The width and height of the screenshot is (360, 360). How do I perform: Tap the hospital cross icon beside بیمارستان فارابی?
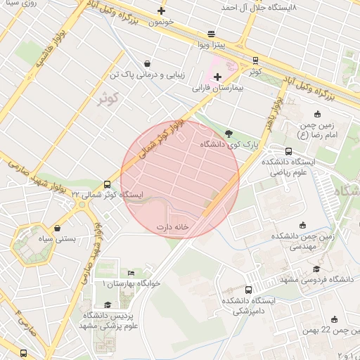pyautogui.click(x=217, y=77)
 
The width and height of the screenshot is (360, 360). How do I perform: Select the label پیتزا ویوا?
pyautogui.click(x=210, y=45)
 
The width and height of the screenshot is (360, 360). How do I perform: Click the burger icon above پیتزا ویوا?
pyautogui.click(x=212, y=34)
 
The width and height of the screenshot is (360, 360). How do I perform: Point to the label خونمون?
pyautogui.click(x=162, y=22)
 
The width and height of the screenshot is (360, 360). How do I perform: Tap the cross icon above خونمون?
pyautogui.click(x=162, y=11)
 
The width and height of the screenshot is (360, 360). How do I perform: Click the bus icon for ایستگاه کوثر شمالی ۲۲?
pyautogui.click(x=107, y=185)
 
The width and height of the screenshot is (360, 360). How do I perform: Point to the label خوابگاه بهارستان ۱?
pyautogui.click(x=132, y=283)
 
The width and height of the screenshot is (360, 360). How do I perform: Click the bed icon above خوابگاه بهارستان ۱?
pyautogui.click(x=131, y=273)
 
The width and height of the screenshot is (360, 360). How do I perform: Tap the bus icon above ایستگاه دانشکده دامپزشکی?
pyautogui.click(x=248, y=290)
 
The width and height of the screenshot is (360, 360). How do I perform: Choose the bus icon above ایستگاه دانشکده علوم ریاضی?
pyautogui.click(x=288, y=151)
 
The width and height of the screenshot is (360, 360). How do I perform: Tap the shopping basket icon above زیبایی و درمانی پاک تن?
pyautogui.click(x=146, y=63)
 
